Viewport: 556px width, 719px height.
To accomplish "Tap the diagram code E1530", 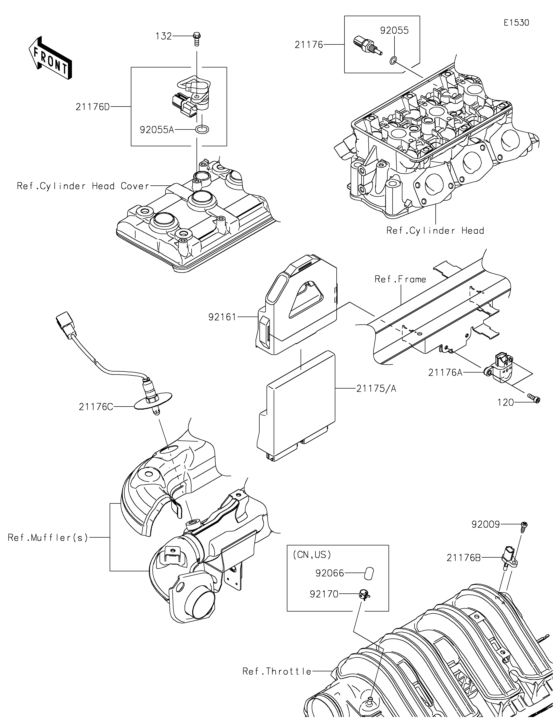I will (516, 23).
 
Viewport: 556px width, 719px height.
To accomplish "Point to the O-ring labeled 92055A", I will (202, 129).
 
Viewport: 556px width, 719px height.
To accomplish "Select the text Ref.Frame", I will (400, 279).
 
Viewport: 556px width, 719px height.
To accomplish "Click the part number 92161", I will (222, 317).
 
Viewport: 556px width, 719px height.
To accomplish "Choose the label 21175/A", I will (376, 389).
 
